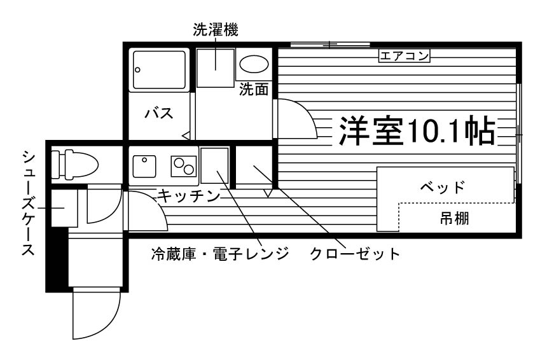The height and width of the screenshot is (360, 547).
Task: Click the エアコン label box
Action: coord(405,56)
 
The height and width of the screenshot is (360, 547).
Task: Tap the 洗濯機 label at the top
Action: coord(216,30)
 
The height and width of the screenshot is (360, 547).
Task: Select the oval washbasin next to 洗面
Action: coord(254,64)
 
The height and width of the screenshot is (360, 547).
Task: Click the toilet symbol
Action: coord(74,165)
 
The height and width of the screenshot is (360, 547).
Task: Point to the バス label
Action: coord(159,113)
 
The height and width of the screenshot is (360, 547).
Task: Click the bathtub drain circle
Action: coord(137,70)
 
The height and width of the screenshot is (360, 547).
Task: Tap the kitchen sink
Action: coord(144,166)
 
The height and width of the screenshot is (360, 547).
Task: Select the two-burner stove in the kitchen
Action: coord(184,166)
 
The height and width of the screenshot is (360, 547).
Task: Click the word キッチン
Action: coord(189,197)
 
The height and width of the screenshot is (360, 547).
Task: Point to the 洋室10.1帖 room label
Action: coord(417,131)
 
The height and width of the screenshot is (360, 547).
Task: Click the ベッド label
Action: coord(442,188)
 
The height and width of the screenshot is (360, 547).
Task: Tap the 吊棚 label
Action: coord(454,218)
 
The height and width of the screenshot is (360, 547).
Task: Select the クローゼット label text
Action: coord(355,254)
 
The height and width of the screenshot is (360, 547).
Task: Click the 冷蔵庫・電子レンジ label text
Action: coord(220,254)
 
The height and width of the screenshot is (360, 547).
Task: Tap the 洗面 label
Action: coord(254,90)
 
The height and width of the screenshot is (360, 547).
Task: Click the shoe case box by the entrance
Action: coord(64,208)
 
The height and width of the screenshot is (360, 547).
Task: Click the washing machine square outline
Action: coord(216,68)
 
